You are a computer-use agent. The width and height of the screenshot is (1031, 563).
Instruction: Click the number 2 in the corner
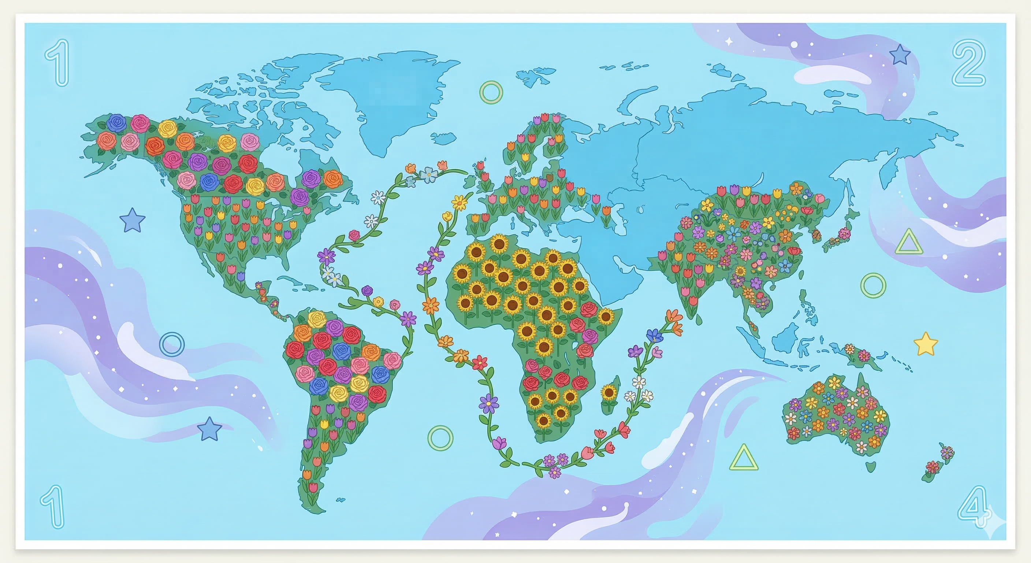[968, 63]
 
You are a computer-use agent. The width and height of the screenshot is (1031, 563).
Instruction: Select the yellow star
[925, 344]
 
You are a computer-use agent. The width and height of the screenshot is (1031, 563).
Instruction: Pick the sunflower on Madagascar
[609, 392]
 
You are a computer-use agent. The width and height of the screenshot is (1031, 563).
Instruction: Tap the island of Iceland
[444, 138]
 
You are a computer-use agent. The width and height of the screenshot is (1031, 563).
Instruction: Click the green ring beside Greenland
[491, 92]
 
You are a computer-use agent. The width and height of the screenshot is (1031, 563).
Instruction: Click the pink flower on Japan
[845, 233]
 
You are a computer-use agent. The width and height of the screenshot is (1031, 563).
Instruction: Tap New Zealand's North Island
[947, 452]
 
